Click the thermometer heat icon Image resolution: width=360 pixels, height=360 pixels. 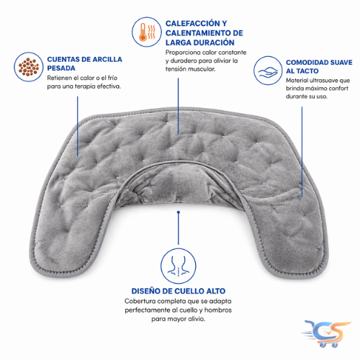click(147, 32)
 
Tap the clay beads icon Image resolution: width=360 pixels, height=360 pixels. click(29, 67)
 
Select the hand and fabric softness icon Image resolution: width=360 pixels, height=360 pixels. click(268, 71)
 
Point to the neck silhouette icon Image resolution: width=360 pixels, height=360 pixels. click(179, 266)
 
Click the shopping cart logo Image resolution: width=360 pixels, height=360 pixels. click(326, 333)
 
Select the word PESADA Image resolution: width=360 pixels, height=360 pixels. click(61, 68)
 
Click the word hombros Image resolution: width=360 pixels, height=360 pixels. click(218, 310)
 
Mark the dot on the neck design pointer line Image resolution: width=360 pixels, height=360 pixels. click(179, 212)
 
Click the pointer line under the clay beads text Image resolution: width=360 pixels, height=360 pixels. click(78, 127)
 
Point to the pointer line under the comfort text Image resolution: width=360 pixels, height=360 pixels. click(302, 152)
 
